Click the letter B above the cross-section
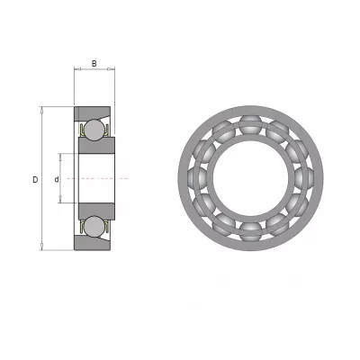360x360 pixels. point(94,64)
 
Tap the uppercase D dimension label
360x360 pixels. point(35,180)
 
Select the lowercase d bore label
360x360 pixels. point(57,180)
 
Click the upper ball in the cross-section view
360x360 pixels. point(94,130)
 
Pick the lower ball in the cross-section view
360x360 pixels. point(94,226)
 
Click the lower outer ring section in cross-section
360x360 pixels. point(92,243)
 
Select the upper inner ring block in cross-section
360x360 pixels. point(96,146)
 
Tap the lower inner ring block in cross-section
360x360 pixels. point(96,211)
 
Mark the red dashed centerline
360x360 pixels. point(98,178)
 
